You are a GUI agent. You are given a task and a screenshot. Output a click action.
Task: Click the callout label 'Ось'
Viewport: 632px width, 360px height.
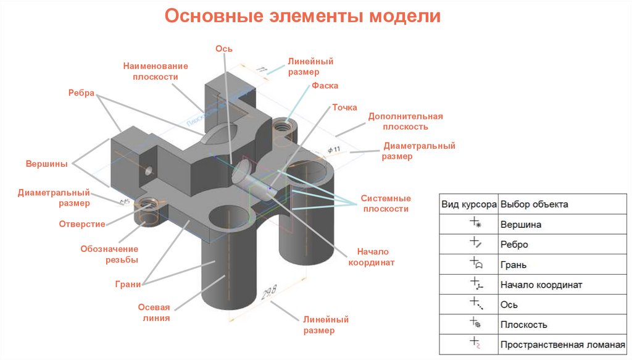tap(223, 49)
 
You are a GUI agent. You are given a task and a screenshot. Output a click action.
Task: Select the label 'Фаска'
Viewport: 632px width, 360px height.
tap(325, 86)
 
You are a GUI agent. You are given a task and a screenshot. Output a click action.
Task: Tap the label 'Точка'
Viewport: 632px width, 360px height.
tap(344, 107)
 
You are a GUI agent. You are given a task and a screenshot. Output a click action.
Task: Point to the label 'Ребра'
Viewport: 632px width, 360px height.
tap(81, 93)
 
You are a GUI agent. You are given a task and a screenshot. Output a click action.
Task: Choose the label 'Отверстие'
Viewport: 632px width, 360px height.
tap(82, 224)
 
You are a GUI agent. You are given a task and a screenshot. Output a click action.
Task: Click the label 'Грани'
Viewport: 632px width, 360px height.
tap(128, 284)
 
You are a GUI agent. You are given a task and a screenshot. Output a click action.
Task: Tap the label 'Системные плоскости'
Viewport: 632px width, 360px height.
tap(386, 204)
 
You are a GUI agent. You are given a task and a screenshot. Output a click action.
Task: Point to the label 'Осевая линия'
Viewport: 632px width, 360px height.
tap(154, 313)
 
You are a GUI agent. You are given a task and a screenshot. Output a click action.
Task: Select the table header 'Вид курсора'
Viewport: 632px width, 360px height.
tap(468, 204)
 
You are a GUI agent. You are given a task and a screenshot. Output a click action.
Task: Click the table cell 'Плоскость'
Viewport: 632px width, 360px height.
tap(524, 325)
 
